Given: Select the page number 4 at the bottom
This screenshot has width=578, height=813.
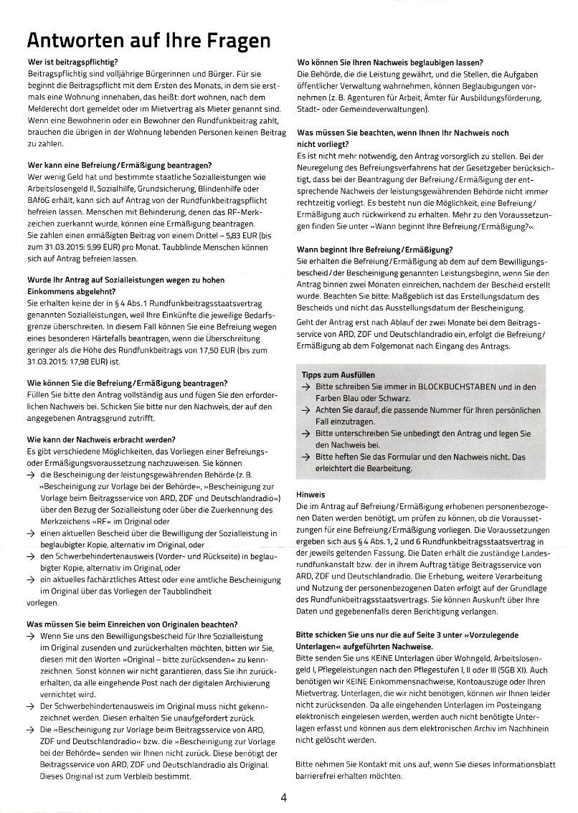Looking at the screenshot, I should [285, 797].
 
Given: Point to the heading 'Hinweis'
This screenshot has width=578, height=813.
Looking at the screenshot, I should [311, 494].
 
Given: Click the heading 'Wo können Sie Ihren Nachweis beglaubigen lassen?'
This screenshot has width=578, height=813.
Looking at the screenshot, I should [390, 62].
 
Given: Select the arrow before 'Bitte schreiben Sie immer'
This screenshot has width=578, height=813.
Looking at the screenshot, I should [306, 387].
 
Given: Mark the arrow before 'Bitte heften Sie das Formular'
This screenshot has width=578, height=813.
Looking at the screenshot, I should [306, 457].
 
